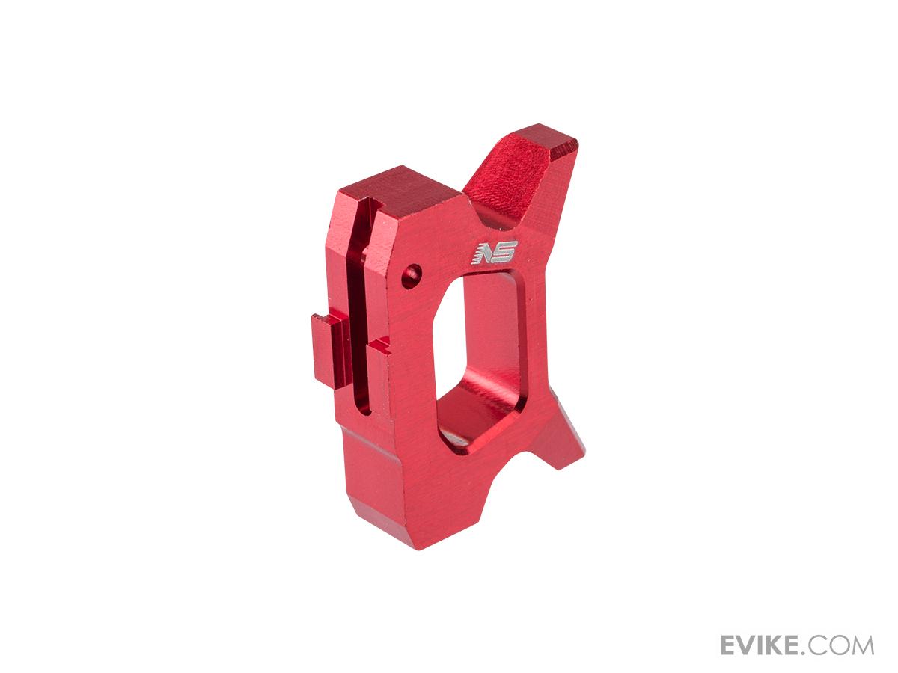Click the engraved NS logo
(x=495, y=253)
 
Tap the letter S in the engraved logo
(x=506, y=253)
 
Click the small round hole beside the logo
(x=411, y=276)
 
